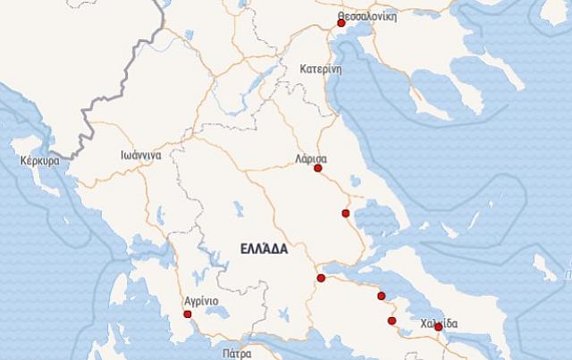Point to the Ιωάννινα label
pyautogui.click(x=141, y=155)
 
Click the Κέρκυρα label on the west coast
pyautogui.click(x=38, y=162)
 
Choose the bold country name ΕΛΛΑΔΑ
pyautogui.click(x=264, y=249)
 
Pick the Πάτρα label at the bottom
pyautogui.click(x=239, y=353)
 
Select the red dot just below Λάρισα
pyautogui.click(x=318, y=168)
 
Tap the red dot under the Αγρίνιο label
pyautogui.click(x=187, y=314)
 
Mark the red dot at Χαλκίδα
pyautogui.click(x=438, y=327)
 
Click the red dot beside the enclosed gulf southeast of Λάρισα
pyautogui.click(x=345, y=213)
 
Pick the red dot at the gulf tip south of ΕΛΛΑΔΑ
pyautogui.click(x=321, y=278)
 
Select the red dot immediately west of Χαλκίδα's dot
pyautogui.click(x=391, y=320)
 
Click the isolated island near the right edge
pyautogui.click(x=542, y=262)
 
